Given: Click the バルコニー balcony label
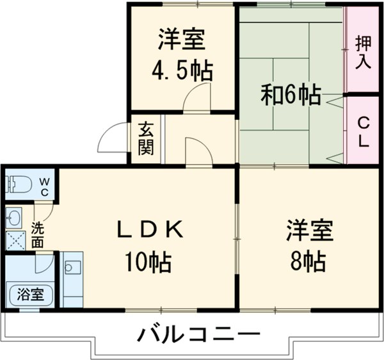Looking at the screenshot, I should point(199,335).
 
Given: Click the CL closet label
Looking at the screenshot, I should point(363,131).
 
